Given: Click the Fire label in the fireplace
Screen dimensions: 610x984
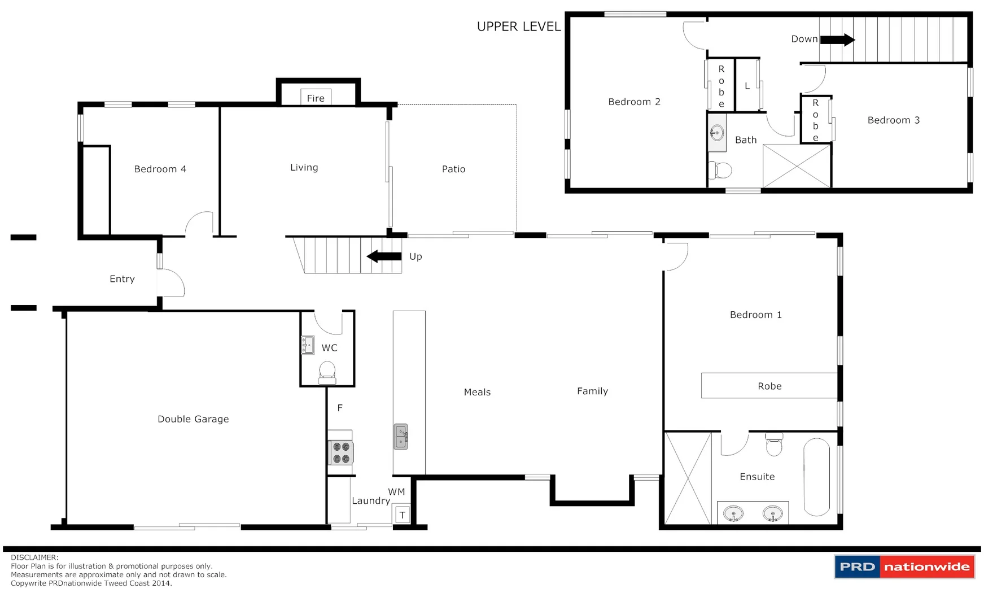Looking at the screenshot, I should tap(316, 98).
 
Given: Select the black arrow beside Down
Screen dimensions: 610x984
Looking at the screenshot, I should tap(837, 40).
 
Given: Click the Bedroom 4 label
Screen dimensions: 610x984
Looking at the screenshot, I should tap(160, 169).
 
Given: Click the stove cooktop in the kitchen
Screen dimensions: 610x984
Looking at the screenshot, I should tap(341, 452).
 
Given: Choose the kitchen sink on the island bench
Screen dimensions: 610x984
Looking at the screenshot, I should tap(401, 437).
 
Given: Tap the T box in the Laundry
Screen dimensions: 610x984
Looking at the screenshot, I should tap(402, 515).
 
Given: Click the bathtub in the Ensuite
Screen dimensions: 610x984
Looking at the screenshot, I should tap(816, 477).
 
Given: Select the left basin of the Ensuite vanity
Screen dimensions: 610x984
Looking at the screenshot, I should tap(733, 514).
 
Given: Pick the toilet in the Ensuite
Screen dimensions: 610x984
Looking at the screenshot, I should tap(774, 445).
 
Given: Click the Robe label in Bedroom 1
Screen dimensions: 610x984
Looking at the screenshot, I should tap(769, 386).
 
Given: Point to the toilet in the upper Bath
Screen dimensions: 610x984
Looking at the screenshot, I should tap(721, 169).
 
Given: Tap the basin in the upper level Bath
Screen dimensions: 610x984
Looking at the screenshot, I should tap(717, 133).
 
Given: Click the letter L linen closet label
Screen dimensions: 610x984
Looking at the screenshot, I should tap(747, 86).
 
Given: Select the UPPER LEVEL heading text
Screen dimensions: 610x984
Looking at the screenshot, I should tap(519, 27).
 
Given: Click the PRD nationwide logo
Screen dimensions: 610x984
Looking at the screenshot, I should tap(904, 567).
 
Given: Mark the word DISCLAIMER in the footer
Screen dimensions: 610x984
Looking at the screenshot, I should tap(34, 557).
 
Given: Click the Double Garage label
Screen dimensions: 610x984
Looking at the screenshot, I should tap(193, 419).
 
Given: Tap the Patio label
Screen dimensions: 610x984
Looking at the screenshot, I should tap(453, 169).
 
